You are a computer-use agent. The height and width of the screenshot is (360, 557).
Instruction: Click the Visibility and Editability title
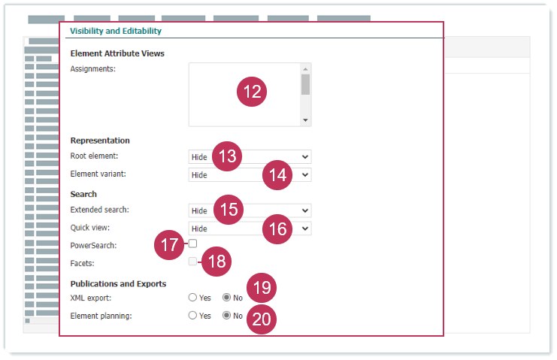click(116, 31)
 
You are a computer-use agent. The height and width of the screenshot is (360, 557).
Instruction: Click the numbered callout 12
click(252, 92)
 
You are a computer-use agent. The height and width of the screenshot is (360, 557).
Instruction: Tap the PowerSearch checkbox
click(192, 244)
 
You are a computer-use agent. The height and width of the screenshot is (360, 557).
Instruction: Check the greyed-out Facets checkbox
click(192, 262)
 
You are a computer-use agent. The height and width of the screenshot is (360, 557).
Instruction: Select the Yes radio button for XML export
click(192, 298)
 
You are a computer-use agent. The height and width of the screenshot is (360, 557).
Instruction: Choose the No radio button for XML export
click(227, 298)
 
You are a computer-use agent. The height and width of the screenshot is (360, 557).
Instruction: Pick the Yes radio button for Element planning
click(192, 315)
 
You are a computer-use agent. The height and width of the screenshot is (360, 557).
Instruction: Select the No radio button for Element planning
click(227, 315)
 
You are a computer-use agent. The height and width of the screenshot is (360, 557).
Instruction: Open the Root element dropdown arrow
click(304, 157)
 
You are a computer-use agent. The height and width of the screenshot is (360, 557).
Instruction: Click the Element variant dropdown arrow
click(304, 174)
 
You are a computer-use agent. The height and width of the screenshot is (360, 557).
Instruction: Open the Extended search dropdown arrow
click(304, 210)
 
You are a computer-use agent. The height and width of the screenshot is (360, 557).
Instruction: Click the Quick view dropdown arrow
click(304, 228)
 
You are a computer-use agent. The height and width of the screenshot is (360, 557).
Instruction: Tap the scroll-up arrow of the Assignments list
click(305, 69)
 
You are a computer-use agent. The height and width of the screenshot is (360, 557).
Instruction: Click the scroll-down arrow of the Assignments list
click(305, 120)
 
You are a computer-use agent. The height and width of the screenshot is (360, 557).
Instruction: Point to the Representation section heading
click(100, 141)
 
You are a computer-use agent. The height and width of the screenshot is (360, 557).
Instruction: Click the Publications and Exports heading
click(118, 283)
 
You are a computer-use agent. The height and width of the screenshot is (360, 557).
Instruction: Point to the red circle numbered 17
click(169, 245)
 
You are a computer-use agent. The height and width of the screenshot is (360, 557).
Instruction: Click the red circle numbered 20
click(262, 319)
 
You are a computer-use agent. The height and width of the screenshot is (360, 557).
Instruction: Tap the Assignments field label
click(92, 69)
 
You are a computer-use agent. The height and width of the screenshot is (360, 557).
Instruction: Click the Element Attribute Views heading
click(117, 53)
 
